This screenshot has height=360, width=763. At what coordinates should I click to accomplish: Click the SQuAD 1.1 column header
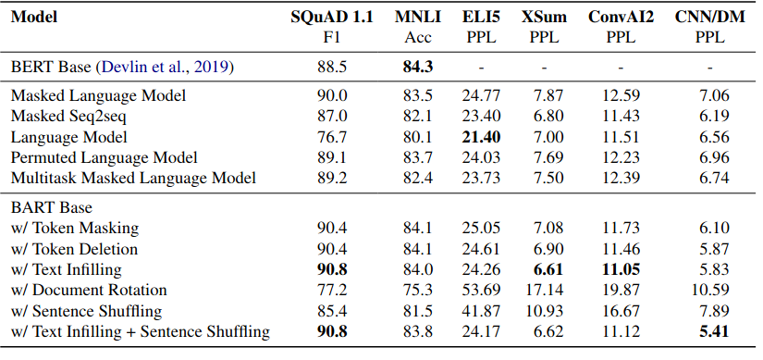[332, 18]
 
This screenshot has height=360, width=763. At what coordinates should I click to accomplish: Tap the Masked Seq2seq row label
[69, 116]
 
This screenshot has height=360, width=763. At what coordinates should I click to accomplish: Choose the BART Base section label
[48, 207]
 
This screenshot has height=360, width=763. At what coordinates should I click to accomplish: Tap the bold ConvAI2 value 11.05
[621, 269]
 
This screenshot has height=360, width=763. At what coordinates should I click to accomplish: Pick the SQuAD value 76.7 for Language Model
[332, 136]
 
